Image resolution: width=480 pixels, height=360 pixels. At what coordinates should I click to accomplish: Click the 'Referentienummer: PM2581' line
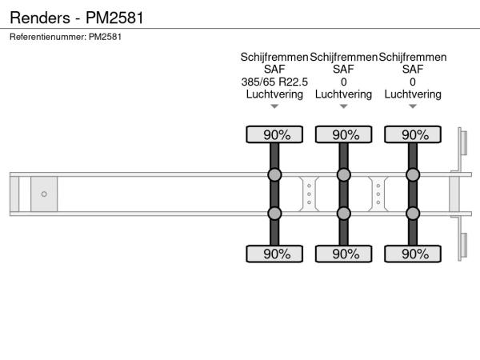point(66,37)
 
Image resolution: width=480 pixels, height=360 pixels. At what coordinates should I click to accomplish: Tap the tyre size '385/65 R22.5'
point(274,82)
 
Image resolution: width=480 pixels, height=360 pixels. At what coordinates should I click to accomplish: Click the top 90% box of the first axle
point(274,134)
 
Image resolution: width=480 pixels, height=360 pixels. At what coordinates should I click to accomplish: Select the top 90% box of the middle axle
point(344,134)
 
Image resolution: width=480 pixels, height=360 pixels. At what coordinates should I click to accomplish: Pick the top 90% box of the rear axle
point(413,134)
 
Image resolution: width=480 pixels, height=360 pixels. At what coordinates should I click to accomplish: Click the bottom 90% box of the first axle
point(274,254)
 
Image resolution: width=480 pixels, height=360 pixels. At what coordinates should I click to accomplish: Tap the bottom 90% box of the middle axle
point(344,254)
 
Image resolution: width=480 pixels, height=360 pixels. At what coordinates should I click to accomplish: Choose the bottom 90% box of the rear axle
point(413,254)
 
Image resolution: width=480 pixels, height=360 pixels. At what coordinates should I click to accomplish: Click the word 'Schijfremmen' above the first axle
point(274,58)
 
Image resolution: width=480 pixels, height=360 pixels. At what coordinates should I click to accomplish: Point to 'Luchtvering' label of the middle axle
point(344,94)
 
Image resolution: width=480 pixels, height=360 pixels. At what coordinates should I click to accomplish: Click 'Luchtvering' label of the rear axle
point(413,94)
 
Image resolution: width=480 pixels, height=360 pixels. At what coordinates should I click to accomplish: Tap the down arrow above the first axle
point(274,106)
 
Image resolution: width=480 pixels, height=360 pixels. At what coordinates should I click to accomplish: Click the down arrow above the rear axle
point(413,106)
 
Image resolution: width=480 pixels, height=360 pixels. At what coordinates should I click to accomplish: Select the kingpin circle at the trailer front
point(44,194)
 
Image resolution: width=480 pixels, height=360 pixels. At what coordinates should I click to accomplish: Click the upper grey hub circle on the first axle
point(274,174)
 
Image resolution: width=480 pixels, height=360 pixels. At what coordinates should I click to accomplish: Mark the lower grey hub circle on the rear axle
point(413,213)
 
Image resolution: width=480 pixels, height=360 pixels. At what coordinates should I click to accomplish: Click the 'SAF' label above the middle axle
point(344,70)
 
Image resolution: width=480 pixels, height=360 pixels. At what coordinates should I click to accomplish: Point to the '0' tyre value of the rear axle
point(413,82)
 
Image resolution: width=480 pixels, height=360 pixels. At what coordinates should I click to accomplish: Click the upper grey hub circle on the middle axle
point(344,174)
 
